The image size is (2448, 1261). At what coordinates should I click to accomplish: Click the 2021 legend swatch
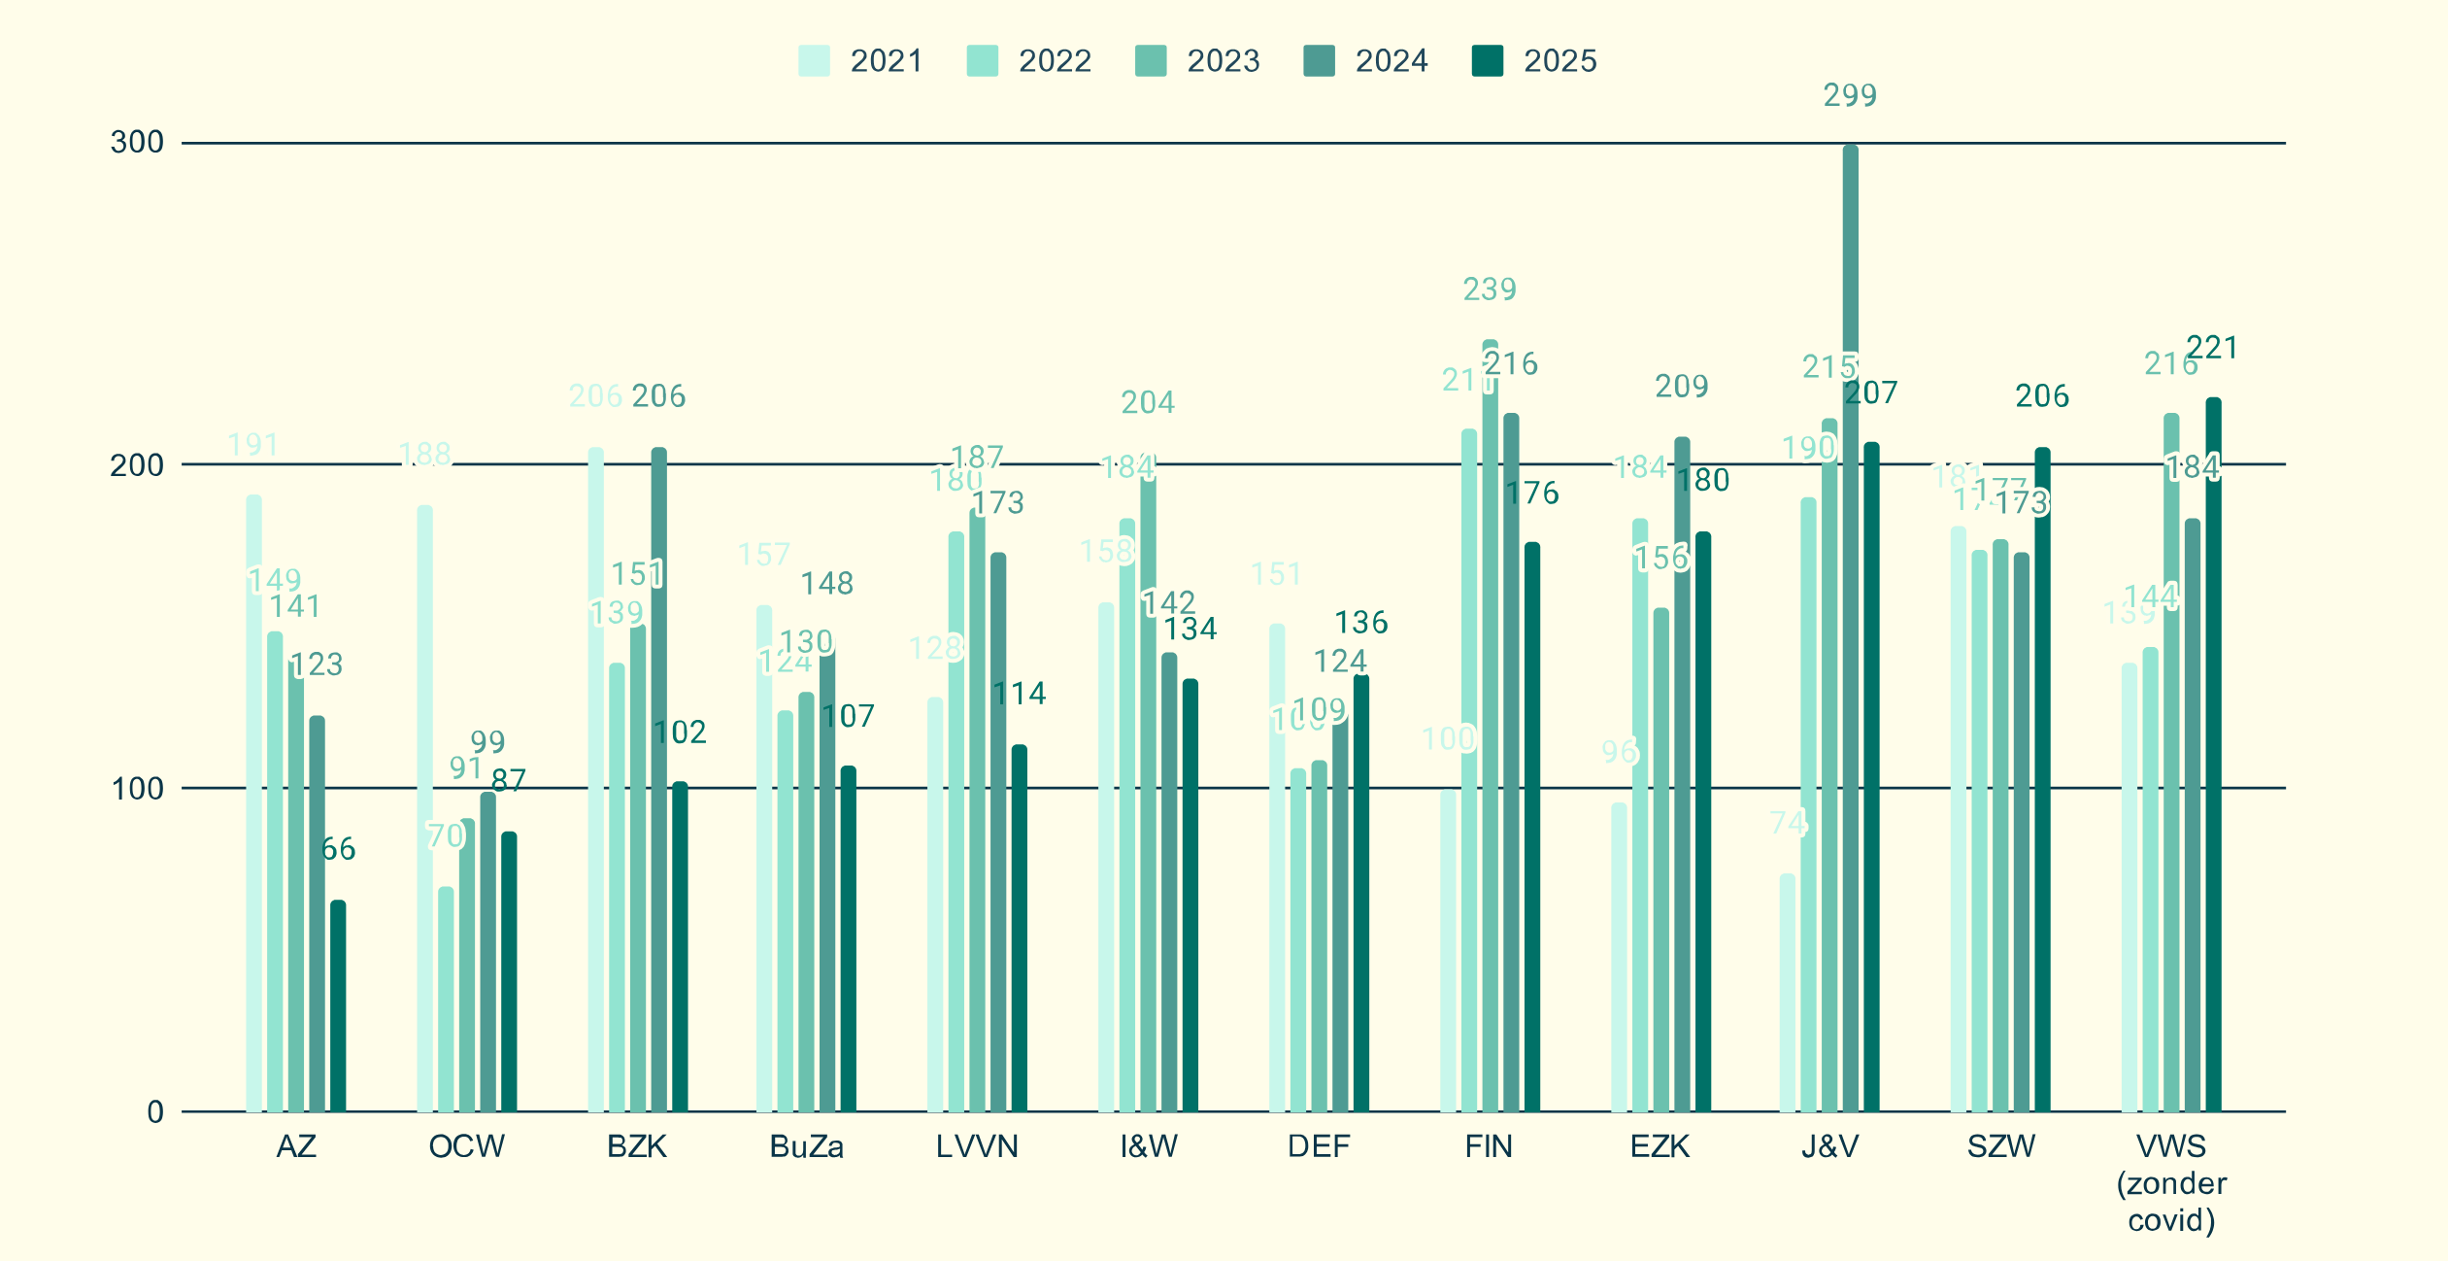814,60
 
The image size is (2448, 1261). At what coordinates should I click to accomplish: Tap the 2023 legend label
1223,60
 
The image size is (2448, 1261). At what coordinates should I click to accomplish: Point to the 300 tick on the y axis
137,143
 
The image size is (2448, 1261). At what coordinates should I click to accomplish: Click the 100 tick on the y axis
137,788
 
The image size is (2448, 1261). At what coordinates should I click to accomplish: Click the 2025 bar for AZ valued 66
338,1005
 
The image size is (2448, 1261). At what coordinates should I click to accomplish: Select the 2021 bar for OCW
424,806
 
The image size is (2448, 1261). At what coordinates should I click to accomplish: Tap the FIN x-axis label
1489,1146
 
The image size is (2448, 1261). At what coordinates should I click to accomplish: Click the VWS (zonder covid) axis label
2171,1182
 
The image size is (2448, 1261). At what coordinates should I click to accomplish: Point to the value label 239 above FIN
1490,289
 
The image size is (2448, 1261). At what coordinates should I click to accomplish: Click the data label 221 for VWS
2212,347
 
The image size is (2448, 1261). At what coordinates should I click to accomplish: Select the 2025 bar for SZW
2042,777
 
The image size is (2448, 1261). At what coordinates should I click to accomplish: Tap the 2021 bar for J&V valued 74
1788,991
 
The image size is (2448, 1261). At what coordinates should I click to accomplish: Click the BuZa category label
806,1146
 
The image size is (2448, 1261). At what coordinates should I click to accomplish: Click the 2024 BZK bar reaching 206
658,777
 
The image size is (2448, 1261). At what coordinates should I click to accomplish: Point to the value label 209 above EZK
1681,386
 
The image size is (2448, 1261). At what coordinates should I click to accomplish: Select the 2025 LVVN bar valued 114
1019,928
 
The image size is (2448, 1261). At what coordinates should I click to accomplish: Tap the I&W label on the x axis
1149,1146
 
